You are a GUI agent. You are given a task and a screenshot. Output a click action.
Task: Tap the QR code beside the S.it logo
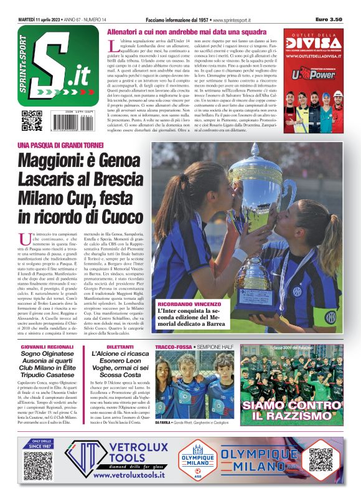pyautogui.click(x=32, y=117)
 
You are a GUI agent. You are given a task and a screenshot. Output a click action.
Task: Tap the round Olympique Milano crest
pyautogui.click(x=197, y=461)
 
